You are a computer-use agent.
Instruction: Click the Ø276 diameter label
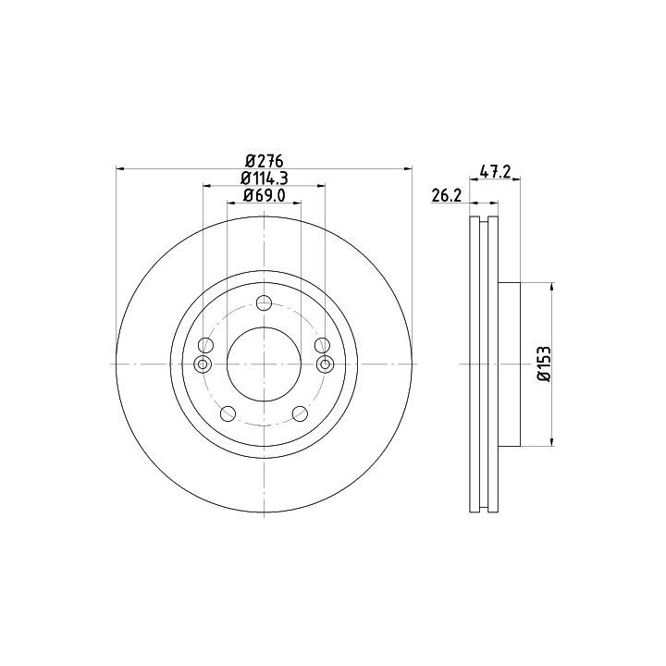click(265, 161)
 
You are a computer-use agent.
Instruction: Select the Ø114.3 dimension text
click(265, 179)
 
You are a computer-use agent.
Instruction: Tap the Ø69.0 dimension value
click(265, 195)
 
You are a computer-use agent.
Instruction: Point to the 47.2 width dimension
click(495, 172)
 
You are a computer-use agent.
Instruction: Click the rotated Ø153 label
click(544, 364)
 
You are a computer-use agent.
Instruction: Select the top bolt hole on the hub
click(265, 303)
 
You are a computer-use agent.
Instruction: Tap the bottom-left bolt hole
click(228, 413)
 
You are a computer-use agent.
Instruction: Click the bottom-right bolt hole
click(301, 413)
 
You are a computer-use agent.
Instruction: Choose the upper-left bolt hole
click(206, 345)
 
